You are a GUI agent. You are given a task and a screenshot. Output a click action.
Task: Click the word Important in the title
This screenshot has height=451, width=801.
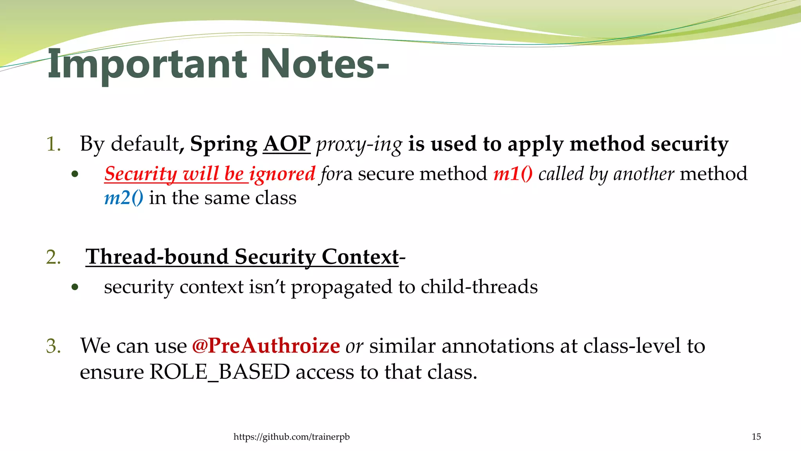click(x=147, y=64)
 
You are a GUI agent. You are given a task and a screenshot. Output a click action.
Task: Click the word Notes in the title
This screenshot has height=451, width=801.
click(x=317, y=64)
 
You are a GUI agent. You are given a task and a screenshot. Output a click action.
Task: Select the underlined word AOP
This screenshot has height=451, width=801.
click(x=287, y=144)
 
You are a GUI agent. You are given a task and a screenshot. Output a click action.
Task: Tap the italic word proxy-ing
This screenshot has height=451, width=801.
click(x=359, y=144)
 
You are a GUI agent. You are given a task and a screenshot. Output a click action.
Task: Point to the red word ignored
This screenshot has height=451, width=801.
click(x=282, y=174)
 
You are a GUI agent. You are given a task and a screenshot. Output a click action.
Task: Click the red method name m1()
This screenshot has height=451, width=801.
click(x=513, y=174)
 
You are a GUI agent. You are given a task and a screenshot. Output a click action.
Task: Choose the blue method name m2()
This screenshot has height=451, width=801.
click(x=124, y=198)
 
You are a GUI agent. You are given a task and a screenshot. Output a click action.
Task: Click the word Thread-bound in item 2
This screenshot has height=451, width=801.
click(x=157, y=257)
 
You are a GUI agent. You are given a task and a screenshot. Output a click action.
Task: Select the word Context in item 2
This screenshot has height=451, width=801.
click(x=360, y=257)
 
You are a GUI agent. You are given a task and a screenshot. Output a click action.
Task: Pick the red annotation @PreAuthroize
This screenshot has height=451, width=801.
click(x=266, y=346)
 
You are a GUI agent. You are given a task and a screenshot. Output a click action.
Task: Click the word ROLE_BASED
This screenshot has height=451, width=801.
click(x=220, y=372)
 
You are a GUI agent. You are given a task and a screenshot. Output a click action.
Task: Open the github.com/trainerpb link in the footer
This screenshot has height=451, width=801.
click(x=291, y=437)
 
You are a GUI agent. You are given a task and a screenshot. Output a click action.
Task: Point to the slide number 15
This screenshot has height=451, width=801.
click(x=756, y=437)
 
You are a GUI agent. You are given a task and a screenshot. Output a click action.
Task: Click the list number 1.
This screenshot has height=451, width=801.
click(x=53, y=144)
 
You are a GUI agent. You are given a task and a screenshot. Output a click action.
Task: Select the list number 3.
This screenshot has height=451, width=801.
click(x=53, y=346)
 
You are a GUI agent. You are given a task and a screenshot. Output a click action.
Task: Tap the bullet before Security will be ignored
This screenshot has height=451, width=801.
click(x=75, y=174)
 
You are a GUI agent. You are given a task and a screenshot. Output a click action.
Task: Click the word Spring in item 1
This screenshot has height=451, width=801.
click(x=223, y=144)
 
